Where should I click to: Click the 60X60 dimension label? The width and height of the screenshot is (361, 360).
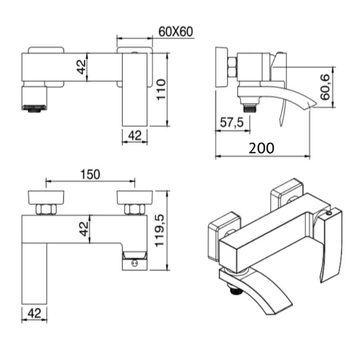[x=176, y=31]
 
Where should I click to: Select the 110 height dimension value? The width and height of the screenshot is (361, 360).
[x=161, y=89]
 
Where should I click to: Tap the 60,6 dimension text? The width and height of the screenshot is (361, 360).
[x=325, y=87]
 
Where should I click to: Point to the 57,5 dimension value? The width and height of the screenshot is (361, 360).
[x=232, y=122]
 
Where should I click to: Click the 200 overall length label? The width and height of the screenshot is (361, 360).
[x=261, y=148]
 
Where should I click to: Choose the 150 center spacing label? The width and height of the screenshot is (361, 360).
[x=90, y=174]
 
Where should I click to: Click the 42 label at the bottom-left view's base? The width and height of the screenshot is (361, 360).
[x=34, y=313]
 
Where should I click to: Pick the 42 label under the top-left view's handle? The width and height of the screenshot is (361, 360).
[x=135, y=135]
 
